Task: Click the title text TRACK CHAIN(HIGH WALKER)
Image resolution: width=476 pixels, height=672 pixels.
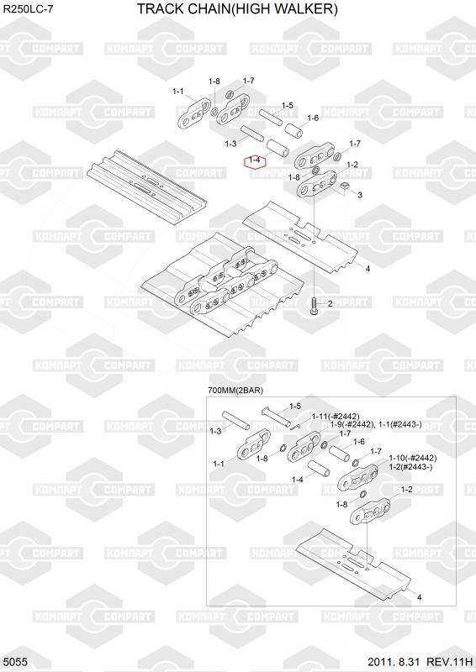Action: pyautogui.click(x=237, y=8)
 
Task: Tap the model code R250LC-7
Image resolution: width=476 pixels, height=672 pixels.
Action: pyautogui.click(x=29, y=9)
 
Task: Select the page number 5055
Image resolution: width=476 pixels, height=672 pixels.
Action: pyautogui.click(x=18, y=662)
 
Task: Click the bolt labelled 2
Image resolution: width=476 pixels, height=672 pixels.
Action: pyautogui.click(x=314, y=307)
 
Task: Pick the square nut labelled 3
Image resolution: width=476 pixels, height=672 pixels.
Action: pyautogui.click(x=344, y=186)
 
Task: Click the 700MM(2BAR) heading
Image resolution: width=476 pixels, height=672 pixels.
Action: pyautogui.click(x=235, y=391)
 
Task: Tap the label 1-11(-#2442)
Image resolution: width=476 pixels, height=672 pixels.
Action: pyautogui.click(x=336, y=416)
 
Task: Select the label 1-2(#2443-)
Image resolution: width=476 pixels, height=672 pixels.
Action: pyautogui.click(x=410, y=467)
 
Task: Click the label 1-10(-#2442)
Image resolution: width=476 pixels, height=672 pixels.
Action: pyautogui.click(x=413, y=458)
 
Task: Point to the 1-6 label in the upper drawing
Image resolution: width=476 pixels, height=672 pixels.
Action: pyautogui.click(x=313, y=118)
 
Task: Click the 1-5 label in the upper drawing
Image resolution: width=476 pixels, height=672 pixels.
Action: pyautogui.click(x=287, y=105)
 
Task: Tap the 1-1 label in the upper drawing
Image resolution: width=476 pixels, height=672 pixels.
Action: pyautogui.click(x=178, y=91)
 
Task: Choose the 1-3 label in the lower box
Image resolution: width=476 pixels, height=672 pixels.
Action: pyautogui.click(x=215, y=431)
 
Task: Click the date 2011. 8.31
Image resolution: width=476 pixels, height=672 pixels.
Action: pyautogui.click(x=393, y=662)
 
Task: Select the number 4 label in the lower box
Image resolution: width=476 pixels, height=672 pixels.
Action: pyautogui.click(x=420, y=597)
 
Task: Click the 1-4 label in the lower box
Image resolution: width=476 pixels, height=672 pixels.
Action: pyautogui.click(x=298, y=480)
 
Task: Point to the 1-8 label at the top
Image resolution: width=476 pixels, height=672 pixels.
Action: pyautogui.click(x=214, y=81)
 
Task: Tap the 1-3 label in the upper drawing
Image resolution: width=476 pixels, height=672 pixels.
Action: pyautogui.click(x=231, y=144)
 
